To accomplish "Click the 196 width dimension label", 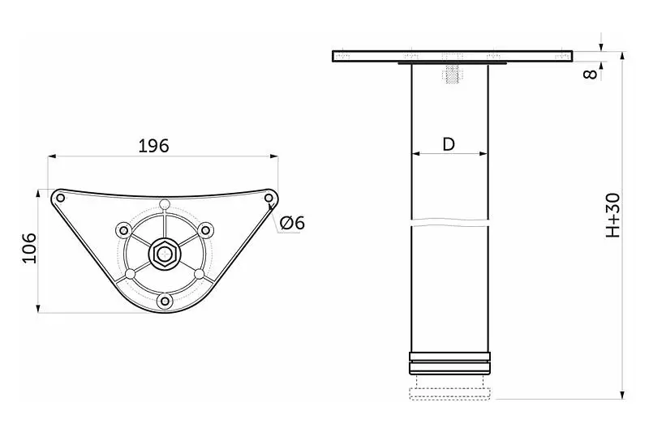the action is tap(153, 146).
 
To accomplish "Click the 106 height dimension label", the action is tap(29, 248).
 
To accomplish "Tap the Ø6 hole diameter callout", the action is tap(292, 223).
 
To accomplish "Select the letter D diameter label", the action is tap(449, 144).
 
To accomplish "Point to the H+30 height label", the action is tap(613, 215).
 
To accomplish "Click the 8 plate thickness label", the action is tap(591, 74).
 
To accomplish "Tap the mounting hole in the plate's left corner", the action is tap(60, 198).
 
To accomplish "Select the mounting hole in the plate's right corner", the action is tap(269, 199).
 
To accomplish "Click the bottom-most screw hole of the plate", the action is tap(165, 301).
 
